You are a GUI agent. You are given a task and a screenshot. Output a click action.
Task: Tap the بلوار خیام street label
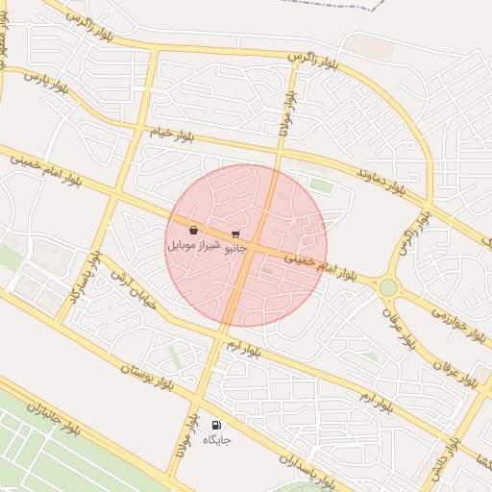point(171,134)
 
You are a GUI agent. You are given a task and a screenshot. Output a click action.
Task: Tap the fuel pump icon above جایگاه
point(216,425)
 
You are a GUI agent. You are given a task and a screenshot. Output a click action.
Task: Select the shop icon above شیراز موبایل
point(194,231)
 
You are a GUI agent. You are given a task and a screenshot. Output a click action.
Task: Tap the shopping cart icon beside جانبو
point(235,234)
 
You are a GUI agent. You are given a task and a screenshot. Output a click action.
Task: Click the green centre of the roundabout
point(387,287)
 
